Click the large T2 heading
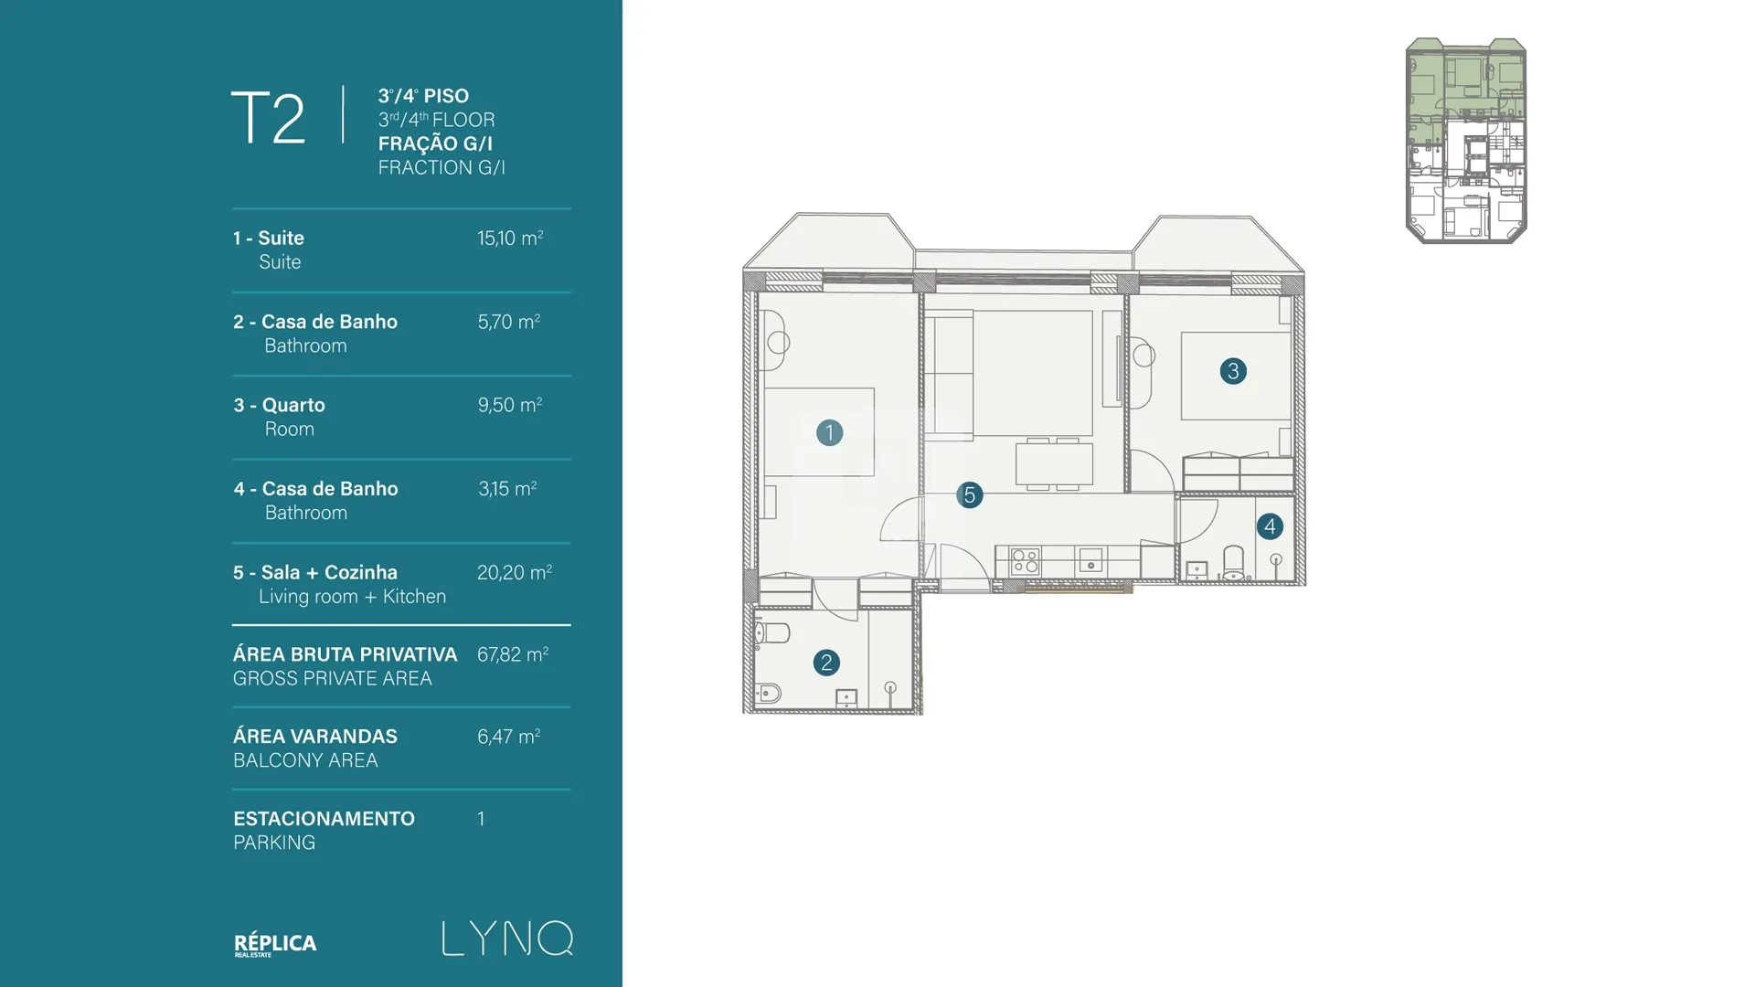coord(268,118)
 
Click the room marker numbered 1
coord(829,432)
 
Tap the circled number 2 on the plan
coord(826,663)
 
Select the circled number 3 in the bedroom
coord(1233,371)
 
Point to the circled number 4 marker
coord(1270,526)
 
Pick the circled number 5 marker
coord(970,495)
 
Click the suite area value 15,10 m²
coord(510,238)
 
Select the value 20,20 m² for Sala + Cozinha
coord(515,572)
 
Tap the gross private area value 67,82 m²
coord(513,654)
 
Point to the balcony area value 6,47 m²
coord(509,737)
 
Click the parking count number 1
coord(481,819)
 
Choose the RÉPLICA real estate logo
coord(275,944)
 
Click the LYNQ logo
coord(508,939)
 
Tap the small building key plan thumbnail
coord(1466,141)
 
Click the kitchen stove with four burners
coord(1025,561)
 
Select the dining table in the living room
coord(1054,464)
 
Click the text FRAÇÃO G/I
coord(435,143)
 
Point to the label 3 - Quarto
coord(279,405)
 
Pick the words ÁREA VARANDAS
coord(315,737)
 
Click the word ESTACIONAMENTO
coord(324,819)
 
